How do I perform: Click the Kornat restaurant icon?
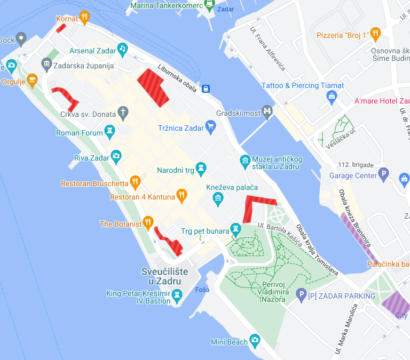84,18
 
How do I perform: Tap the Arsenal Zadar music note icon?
122,49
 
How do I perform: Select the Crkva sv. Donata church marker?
123,112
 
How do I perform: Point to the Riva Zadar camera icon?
116,156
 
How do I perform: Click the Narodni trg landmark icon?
201,169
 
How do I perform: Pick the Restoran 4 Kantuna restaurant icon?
182,196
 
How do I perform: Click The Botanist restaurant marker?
148,222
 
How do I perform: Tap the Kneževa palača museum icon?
218,199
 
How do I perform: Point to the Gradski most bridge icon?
267,111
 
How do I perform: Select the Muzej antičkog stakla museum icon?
245,160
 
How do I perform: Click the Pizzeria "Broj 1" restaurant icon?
376,34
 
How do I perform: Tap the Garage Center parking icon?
383,174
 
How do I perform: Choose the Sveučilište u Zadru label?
164,276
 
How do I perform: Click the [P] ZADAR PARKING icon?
301,294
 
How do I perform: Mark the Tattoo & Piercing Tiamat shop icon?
332,96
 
